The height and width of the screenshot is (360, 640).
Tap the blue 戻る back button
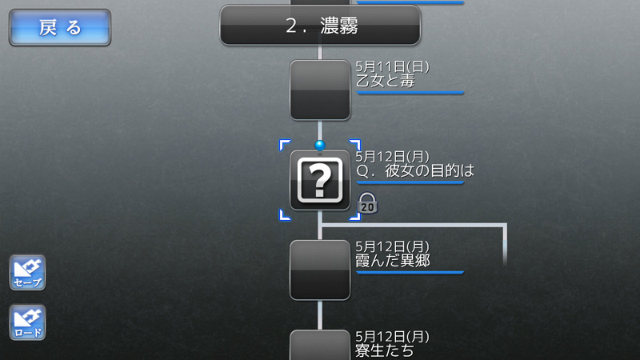point(60,27)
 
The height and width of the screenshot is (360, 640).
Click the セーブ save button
point(27,273)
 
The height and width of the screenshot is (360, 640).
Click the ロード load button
point(27,322)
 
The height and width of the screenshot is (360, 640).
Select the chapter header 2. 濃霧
point(320,26)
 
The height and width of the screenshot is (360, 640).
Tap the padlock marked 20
point(367,203)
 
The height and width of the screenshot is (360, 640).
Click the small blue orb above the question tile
point(320,145)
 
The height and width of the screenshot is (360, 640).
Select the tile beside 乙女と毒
point(320,90)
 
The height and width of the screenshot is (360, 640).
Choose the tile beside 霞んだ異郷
point(320,270)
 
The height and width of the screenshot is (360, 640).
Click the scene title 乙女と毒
point(386,81)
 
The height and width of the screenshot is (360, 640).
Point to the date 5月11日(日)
point(392,66)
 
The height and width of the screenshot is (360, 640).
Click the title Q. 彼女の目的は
point(415,170)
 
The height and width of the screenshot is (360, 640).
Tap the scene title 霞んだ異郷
point(393,261)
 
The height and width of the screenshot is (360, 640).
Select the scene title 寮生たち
point(385,350)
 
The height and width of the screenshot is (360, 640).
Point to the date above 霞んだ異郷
point(392,246)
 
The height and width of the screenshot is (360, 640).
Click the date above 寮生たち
point(392,337)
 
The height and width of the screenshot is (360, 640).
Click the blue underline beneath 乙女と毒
point(410,93)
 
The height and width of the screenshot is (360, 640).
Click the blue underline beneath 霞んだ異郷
point(410,273)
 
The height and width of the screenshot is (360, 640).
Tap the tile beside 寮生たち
point(320,345)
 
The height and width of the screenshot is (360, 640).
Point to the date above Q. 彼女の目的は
point(392,157)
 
